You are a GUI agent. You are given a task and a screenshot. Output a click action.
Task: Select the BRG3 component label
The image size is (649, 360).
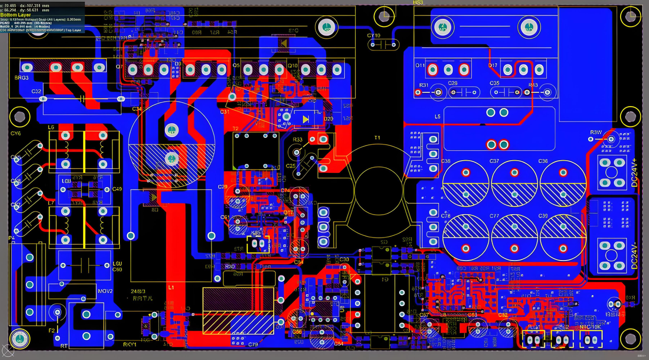[x=21, y=78]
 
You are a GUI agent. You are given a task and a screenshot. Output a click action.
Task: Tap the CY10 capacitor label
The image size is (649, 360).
[x=374, y=35]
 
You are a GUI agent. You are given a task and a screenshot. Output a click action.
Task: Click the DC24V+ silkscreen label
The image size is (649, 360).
[x=634, y=172]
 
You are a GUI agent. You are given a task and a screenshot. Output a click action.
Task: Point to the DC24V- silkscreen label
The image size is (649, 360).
[x=634, y=256]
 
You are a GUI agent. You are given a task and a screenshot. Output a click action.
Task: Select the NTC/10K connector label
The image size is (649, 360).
[x=590, y=327]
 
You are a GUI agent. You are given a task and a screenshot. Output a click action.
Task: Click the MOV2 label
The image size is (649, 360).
[x=105, y=291]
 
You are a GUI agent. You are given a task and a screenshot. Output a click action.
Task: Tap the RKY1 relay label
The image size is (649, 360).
[x=131, y=344]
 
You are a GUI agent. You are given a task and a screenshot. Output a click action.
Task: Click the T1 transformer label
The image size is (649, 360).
[x=377, y=138]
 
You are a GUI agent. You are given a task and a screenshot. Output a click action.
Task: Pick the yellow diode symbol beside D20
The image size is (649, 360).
[x=306, y=119]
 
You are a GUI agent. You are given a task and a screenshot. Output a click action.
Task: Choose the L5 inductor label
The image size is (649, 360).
[x=437, y=117]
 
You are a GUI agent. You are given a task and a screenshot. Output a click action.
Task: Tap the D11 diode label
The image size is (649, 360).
[x=419, y=66]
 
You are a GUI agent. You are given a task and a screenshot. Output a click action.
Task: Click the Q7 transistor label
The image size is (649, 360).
[x=119, y=67]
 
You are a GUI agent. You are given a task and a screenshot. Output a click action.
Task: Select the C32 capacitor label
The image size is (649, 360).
[x=36, y=91]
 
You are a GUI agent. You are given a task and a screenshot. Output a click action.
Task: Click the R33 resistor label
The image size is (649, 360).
[x=297, y=139]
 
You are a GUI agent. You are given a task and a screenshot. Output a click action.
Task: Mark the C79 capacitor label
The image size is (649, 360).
[x=252, y=345]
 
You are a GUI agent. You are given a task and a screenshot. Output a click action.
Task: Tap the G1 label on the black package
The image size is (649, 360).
[x=385, y=279]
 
